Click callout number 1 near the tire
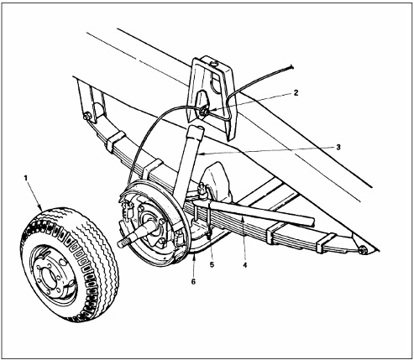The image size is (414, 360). (26, 178)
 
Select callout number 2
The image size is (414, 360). (296, 92)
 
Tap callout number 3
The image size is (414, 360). (338, 147)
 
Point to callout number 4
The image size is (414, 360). (245, 264)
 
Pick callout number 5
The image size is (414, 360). (212, 264)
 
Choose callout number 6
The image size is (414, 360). (193, 281)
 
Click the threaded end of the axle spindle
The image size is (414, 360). (123, 243)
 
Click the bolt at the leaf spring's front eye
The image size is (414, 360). (87, 116)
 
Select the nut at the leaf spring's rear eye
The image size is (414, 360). (363, 250)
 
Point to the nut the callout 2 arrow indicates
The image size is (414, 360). (204, 111)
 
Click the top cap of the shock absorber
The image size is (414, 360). (195, 132)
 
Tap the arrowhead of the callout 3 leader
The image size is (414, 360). (199, 154)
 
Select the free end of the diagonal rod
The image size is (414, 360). (312, 221)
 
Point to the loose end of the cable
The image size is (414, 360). (291, 66)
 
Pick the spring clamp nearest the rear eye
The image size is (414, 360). (325, 243)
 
